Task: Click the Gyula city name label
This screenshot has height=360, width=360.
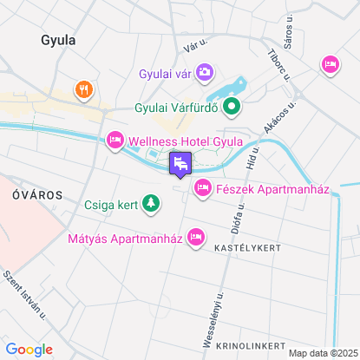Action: (58, 39)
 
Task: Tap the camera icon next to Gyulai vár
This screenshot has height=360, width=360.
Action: (205, 71)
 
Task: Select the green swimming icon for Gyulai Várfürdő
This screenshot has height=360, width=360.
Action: (232, 108)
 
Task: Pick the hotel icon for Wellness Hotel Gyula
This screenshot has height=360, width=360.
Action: (115, 140)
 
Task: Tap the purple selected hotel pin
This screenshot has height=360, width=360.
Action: (180, 163)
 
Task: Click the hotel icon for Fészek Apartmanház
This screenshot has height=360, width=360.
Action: (202, 187)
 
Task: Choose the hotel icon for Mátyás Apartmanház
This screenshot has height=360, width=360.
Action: (196, 235)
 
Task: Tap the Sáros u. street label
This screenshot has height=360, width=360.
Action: (290, 34)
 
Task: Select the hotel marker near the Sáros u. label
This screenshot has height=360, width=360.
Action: (330, 63)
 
